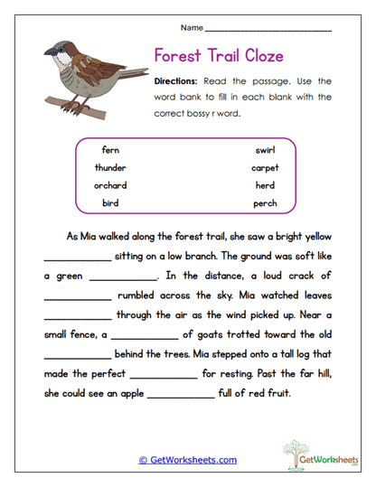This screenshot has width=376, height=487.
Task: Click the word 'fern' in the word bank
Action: [110, 150]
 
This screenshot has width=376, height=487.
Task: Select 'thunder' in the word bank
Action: [110, 167]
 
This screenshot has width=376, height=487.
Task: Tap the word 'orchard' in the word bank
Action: [110, 185]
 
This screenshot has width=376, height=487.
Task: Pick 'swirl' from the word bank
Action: [265, 150]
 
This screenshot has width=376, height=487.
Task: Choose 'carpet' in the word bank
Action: [265, 167]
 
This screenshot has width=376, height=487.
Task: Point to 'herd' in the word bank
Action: [265, 185]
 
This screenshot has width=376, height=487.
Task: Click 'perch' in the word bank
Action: [265, 202]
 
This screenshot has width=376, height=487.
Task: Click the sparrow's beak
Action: [46, 57]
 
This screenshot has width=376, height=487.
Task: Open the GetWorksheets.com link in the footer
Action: [188, 460]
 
